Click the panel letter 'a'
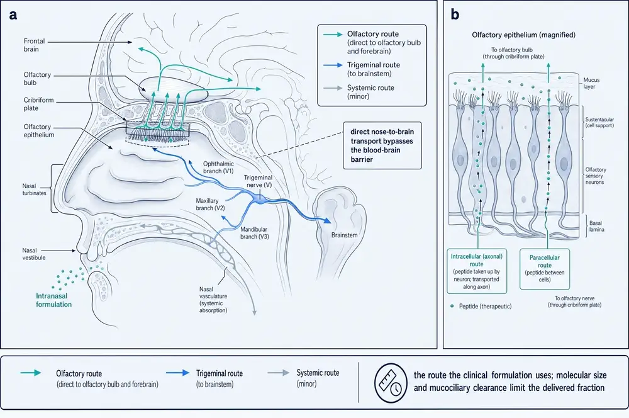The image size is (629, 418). tap(13, 15)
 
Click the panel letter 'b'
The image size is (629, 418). tap(455, 14)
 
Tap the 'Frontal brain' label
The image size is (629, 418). tap(34, 45)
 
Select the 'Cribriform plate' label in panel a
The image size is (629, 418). tap(38, 104)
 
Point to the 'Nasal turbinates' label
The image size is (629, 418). tap(34, 189)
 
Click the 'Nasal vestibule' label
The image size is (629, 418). tap(34, 254)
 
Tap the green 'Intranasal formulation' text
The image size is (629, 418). tap(53, 300)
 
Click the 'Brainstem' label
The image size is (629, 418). tap(344, 235)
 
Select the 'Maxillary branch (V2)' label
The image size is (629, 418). tap(210, 205)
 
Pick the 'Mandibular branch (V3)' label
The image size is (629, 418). tap(255, 233)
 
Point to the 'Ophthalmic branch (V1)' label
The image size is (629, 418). tap(218, 167)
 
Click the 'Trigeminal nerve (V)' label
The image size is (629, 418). tap(258, 181)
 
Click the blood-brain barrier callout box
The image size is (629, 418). tap(382, 145)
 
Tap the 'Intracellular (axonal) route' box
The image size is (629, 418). tap(477, 271)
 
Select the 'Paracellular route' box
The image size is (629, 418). tap(544, 269)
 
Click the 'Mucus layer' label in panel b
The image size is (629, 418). tap(591, 83)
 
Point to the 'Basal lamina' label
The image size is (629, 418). tap(596, 226)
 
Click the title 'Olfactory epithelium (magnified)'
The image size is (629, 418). tap(523, 35)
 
